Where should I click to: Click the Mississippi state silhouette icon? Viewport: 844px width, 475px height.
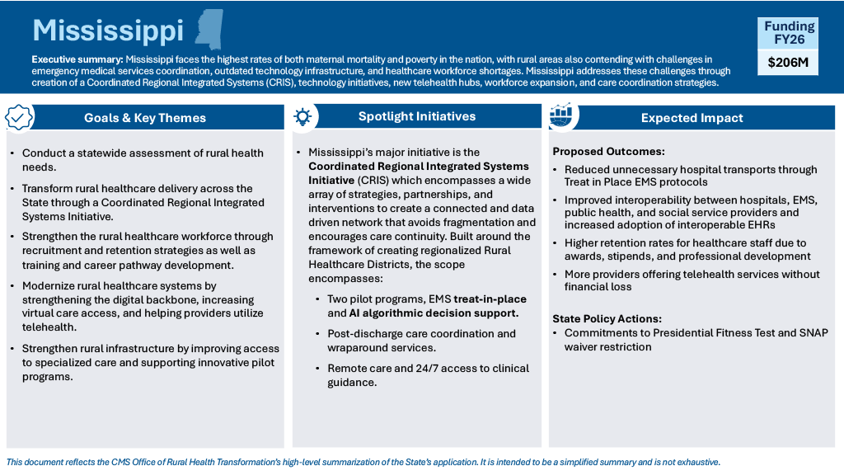pyautogui.click(x=209, y=29)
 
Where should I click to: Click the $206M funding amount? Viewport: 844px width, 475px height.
pyautogui.click(x=788, y=62)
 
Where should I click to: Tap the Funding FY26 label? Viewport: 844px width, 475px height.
pyautogui.click(x=789, y=32)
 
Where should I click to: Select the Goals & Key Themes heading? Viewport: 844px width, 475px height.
pyautogui.click(x=145, y=118)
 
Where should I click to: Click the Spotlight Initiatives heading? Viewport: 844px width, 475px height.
pyautogui.click(x=417, y=116)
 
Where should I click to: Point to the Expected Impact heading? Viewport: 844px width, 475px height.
pyautogui.click(x=692, y=118)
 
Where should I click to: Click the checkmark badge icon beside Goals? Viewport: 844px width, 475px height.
pyautogui.click(x=19, y=117)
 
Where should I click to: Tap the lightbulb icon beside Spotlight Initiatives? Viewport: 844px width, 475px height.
pyautogui.click(x=302, y=117)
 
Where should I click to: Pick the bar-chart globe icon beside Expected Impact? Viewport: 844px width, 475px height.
pyautogui.click(x=561, y=116)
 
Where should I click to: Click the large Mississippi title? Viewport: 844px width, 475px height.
pyautogui.click(x=108, y=31)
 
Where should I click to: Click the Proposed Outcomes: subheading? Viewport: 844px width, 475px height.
pyautogui.click(x=608, y=152)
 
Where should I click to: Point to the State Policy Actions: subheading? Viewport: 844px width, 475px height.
pyautogui.click(x=607, y=319)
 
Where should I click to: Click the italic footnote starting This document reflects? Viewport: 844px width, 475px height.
pyautogui.click(x=363, y=462)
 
